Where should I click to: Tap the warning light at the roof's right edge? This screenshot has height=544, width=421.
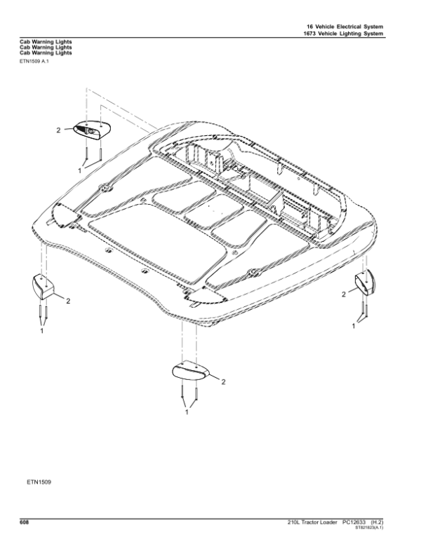pyautogui.click(x=366, y=282)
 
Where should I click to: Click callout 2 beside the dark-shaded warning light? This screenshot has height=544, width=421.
pyautogui.click(x=58, y=130)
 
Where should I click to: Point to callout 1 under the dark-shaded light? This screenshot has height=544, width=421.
pyautogui.click(x=80, y=170)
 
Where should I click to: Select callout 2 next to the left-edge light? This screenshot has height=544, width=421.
pyautogui.click(x=68, y=301)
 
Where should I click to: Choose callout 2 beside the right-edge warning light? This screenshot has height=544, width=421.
pyautogui.click(x=344, y=295)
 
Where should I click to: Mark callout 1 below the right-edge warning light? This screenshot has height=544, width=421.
pyautogui.click(x=354, y=327)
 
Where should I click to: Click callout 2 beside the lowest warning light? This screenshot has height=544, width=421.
pyautogui.click(x=223, y=382)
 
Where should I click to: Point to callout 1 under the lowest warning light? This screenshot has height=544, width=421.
pyautogui.click(x=187, y=413)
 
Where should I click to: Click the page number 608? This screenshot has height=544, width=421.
pyautogui.click(x=24, y=521)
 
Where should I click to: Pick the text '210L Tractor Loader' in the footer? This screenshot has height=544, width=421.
pyautogui.click(x=312, y=522)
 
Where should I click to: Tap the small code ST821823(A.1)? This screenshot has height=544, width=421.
pyautogui.click(x=384, y=527)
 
